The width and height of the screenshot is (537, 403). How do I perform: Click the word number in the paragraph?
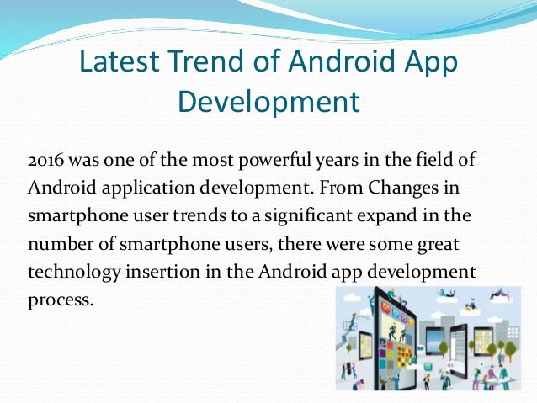pyautogui.click(x=57, y=243)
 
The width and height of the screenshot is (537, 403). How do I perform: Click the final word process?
pyautogui.click(x=59, y=299)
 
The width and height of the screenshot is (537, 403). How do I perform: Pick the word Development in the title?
pyautogui.click(x=269, y=102)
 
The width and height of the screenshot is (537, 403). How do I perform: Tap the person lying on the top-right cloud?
pyautogui.click(x=503, y=297)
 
